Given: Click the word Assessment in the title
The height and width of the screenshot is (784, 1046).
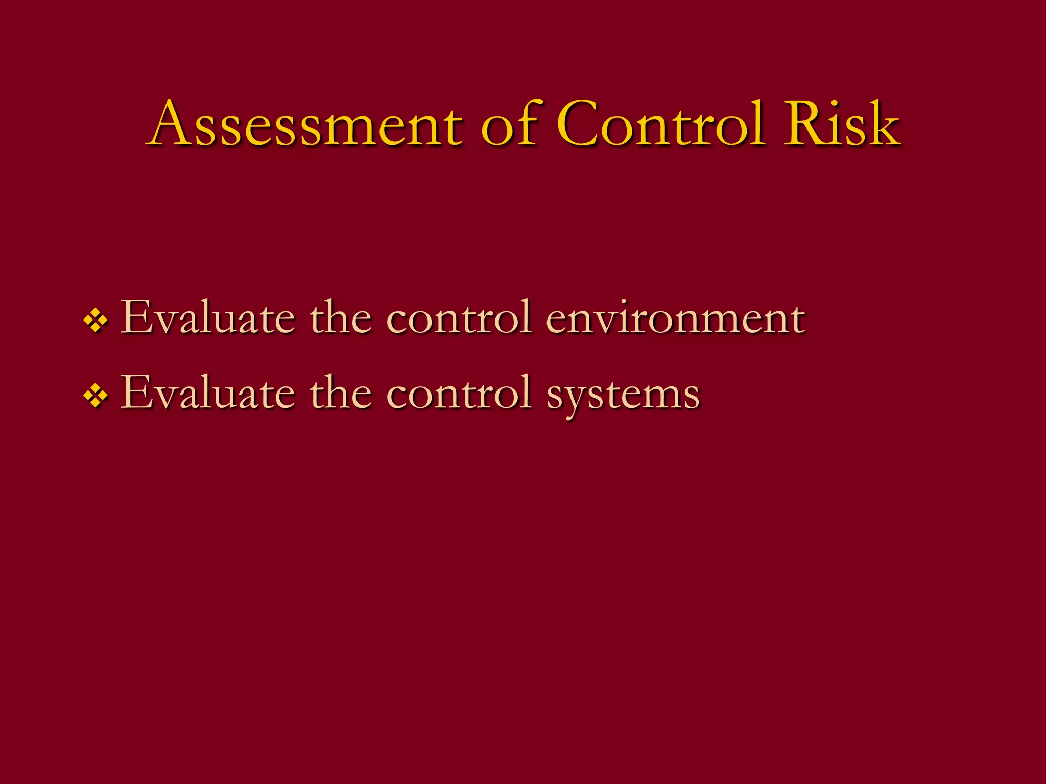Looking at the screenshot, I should tap(306, 124).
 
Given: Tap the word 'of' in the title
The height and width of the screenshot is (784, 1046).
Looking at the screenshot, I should tap(509, 124).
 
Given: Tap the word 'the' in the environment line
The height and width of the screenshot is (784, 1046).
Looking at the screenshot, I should tap(341, 317).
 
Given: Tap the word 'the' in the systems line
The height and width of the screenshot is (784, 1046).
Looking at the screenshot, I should tap(341, 393).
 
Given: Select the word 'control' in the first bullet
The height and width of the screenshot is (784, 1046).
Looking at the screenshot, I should tap(459, 317).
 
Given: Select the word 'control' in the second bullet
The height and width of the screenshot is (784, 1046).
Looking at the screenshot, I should tap(459, 393).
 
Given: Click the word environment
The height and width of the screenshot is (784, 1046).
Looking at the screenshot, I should tap(676, 317).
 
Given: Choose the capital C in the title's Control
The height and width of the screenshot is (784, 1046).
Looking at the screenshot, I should tap(580, 124).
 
